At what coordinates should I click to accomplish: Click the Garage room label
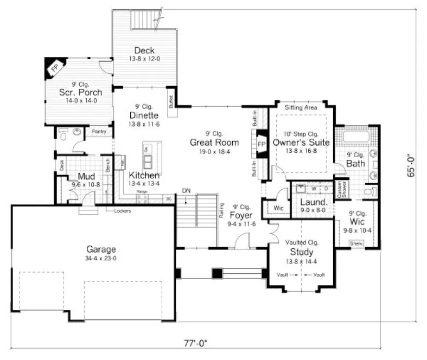point(101,249)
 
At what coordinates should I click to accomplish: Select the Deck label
point(145,50)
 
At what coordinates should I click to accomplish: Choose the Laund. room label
point(313,202)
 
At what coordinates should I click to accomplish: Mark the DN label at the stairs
point(186,190)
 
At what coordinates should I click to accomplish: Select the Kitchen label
point(144,175)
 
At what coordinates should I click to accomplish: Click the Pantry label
point(98,131)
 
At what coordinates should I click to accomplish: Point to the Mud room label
point(87,176)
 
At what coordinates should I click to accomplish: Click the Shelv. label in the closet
point(356,243)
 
